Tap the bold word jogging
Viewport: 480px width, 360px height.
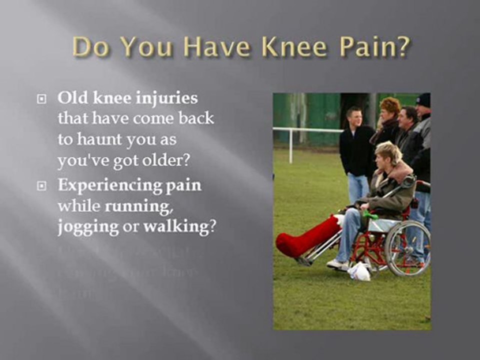tap(88, 227)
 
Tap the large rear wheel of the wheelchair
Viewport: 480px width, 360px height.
tap(407, 248)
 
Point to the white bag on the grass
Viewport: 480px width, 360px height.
tap(359, 271)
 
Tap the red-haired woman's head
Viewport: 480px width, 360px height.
tap(390, 108)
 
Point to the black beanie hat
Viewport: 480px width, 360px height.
tap(423, 100)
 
